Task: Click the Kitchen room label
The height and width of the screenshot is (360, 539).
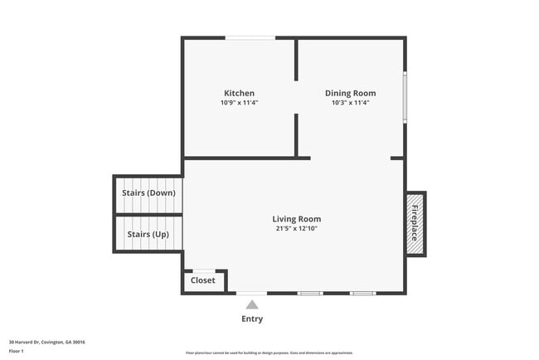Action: pos(239,93)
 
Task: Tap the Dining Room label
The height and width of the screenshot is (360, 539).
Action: pos(350,93)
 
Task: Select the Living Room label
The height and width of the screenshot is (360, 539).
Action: pos(296,219)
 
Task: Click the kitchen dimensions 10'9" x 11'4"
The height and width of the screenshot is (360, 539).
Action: pos(239,103)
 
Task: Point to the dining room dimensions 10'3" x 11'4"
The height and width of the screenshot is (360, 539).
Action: pos(350,103)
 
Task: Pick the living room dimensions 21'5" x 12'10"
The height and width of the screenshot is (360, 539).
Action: pos(296,229)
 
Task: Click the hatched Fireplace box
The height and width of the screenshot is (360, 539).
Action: pos(415,224)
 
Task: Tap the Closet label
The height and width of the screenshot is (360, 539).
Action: pos(203,280)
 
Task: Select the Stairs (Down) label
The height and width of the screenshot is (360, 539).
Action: pos(148,192)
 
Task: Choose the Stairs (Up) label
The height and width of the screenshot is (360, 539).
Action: pos(148,234)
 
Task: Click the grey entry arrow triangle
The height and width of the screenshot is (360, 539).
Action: pos(251,304)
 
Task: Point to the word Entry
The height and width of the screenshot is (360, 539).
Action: pos(252,319)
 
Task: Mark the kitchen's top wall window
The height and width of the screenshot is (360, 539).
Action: pos(250,37)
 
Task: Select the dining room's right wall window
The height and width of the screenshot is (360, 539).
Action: pos(405,97)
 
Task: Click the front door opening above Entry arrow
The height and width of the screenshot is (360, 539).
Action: pos(251,293)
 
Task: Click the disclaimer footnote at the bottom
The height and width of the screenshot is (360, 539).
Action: pos(269,353)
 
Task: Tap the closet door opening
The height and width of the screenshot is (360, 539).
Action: pos(204,270)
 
